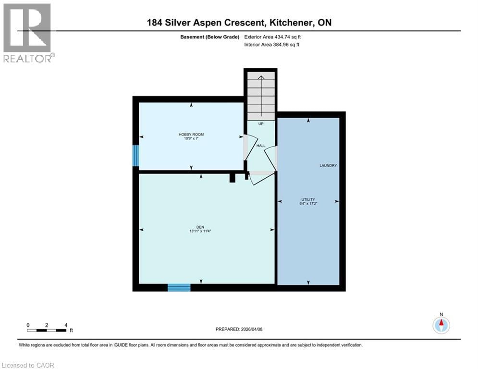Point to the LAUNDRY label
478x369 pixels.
328,165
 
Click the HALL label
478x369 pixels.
260,145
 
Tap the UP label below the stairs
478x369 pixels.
261,123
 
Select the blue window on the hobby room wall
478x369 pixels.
136,155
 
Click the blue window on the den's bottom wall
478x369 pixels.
179,287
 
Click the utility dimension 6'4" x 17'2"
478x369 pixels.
308,204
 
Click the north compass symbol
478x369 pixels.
441,325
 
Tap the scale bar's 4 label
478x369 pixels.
65,325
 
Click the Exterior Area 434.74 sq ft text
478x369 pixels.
272,37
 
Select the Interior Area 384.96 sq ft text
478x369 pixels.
272,45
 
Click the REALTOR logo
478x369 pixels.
28,33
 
